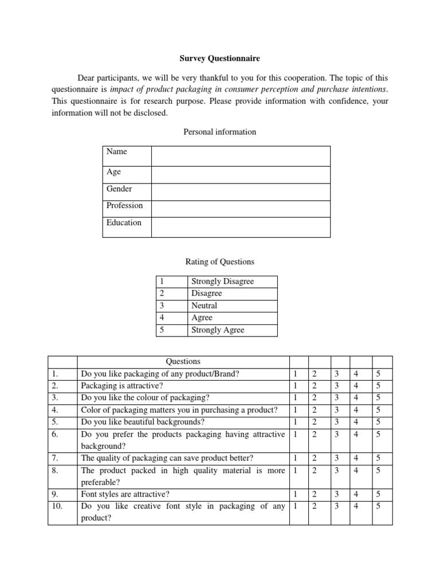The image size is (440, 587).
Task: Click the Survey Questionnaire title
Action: tap(219, 58)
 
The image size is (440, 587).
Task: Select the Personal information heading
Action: tap(219, 132)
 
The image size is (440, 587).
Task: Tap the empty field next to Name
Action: tap(241, 156)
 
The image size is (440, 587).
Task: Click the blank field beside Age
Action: tap(241, 175)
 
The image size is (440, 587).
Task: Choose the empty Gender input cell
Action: tap(241, 192)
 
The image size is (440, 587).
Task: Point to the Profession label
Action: tap(125, 205)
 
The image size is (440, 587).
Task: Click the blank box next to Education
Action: tap(241, 226)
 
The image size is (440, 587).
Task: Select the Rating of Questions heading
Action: tap(219, 261)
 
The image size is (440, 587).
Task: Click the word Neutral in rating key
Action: tap(205, 306)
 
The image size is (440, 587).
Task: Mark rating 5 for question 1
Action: tap(377, 374)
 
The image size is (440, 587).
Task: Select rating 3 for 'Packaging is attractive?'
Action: tap(336, 386)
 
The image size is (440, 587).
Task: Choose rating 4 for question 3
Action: tap(357, 398)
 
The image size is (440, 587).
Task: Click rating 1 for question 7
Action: tap(296, 457)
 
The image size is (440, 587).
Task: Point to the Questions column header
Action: tap(183, 361)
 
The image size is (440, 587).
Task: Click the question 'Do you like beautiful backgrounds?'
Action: tap(143, 422)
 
